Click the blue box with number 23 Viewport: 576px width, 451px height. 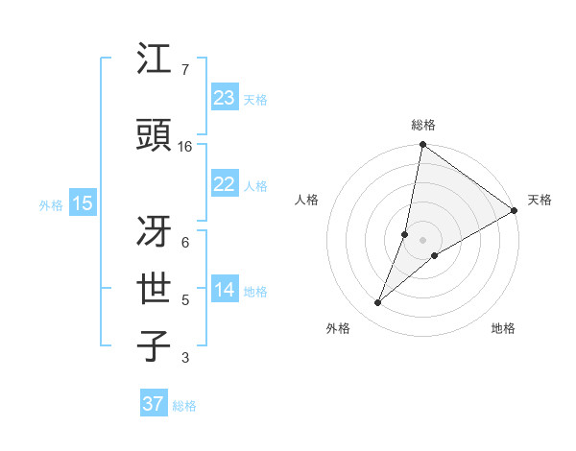coord(224,98)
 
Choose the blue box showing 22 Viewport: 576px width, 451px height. coord(224,184)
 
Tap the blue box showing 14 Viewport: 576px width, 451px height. coord(224,290)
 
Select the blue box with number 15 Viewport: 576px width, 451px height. coord(82,202)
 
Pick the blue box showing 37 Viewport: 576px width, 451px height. coord(153,404)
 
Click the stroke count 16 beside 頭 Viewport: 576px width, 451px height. coord(185,147)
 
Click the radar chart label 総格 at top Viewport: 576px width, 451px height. coord(423,125)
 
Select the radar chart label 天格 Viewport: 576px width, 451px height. coord(540,200)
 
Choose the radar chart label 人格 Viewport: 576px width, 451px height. coord(307,200)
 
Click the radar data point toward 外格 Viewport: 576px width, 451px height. coord(378,303)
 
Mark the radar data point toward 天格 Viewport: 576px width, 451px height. coord(514,210)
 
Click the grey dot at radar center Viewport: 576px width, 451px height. coord(423,240)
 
